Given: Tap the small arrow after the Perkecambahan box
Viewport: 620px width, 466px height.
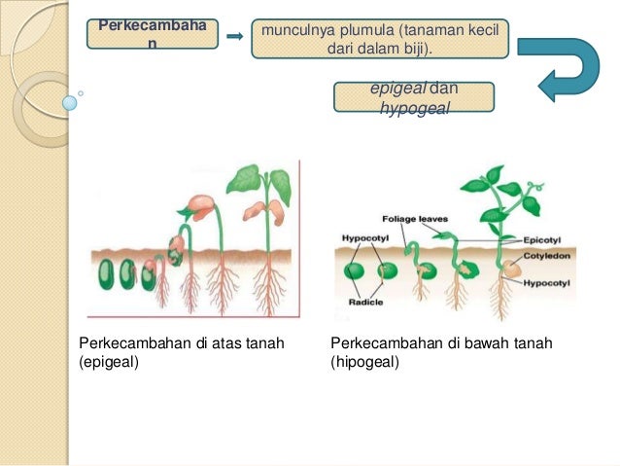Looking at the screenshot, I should [234, 36].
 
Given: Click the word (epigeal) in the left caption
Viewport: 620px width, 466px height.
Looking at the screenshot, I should [110, 363].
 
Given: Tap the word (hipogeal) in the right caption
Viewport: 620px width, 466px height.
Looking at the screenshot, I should [365, 363].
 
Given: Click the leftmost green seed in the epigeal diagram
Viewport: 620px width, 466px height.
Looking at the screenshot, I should [104, 275].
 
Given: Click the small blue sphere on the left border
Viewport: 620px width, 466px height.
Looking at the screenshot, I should [70, 100].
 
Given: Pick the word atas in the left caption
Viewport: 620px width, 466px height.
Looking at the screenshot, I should [219, 343].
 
